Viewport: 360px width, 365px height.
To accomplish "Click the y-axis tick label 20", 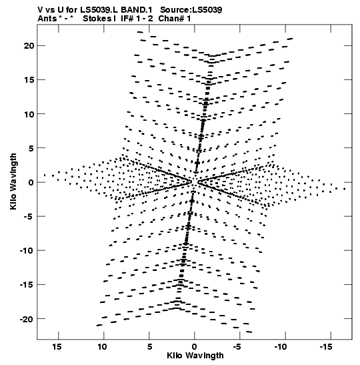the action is pyautogui.click(x=29, y=46).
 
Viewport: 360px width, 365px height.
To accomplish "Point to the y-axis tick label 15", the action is pyautogui.click(x=29, y=80).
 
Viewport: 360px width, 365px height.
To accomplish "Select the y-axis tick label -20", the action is pyautogui.click(x=27, y=319).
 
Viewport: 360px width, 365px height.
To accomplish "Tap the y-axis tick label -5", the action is pyautogui.click(x=29, y=217).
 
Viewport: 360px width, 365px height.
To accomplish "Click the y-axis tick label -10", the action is pyautogui.click(x=27, y=251).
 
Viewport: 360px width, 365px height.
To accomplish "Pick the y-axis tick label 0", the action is pyautogui.click(x=31, y=182).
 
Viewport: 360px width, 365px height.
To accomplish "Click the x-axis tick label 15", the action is pyautogui.click(x=57, y=347).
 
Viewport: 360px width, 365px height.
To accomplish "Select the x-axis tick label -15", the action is pyautogui.click(x=325, y=347).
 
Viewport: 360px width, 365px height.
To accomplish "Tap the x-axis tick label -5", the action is pyautogui.click(x=237, y=347).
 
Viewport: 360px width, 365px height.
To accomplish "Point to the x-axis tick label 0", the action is pyautogui.click(x=195, y=347).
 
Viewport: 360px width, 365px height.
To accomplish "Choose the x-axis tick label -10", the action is pyautogui.click(x=281, y=347).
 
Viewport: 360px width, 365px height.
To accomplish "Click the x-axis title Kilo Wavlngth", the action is pyautogui.click(x=195, y=356).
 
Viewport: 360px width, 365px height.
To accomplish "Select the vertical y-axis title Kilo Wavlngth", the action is pyautogui.click(x=13, y=181).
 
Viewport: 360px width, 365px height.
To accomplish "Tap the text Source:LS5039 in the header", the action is pyautogui.click(x=191, y=10).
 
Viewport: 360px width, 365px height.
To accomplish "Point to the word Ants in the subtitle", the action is pyautogui.click(x=47, y=19).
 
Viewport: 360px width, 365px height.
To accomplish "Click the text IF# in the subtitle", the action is pyautogui.click(x=127, y=19).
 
